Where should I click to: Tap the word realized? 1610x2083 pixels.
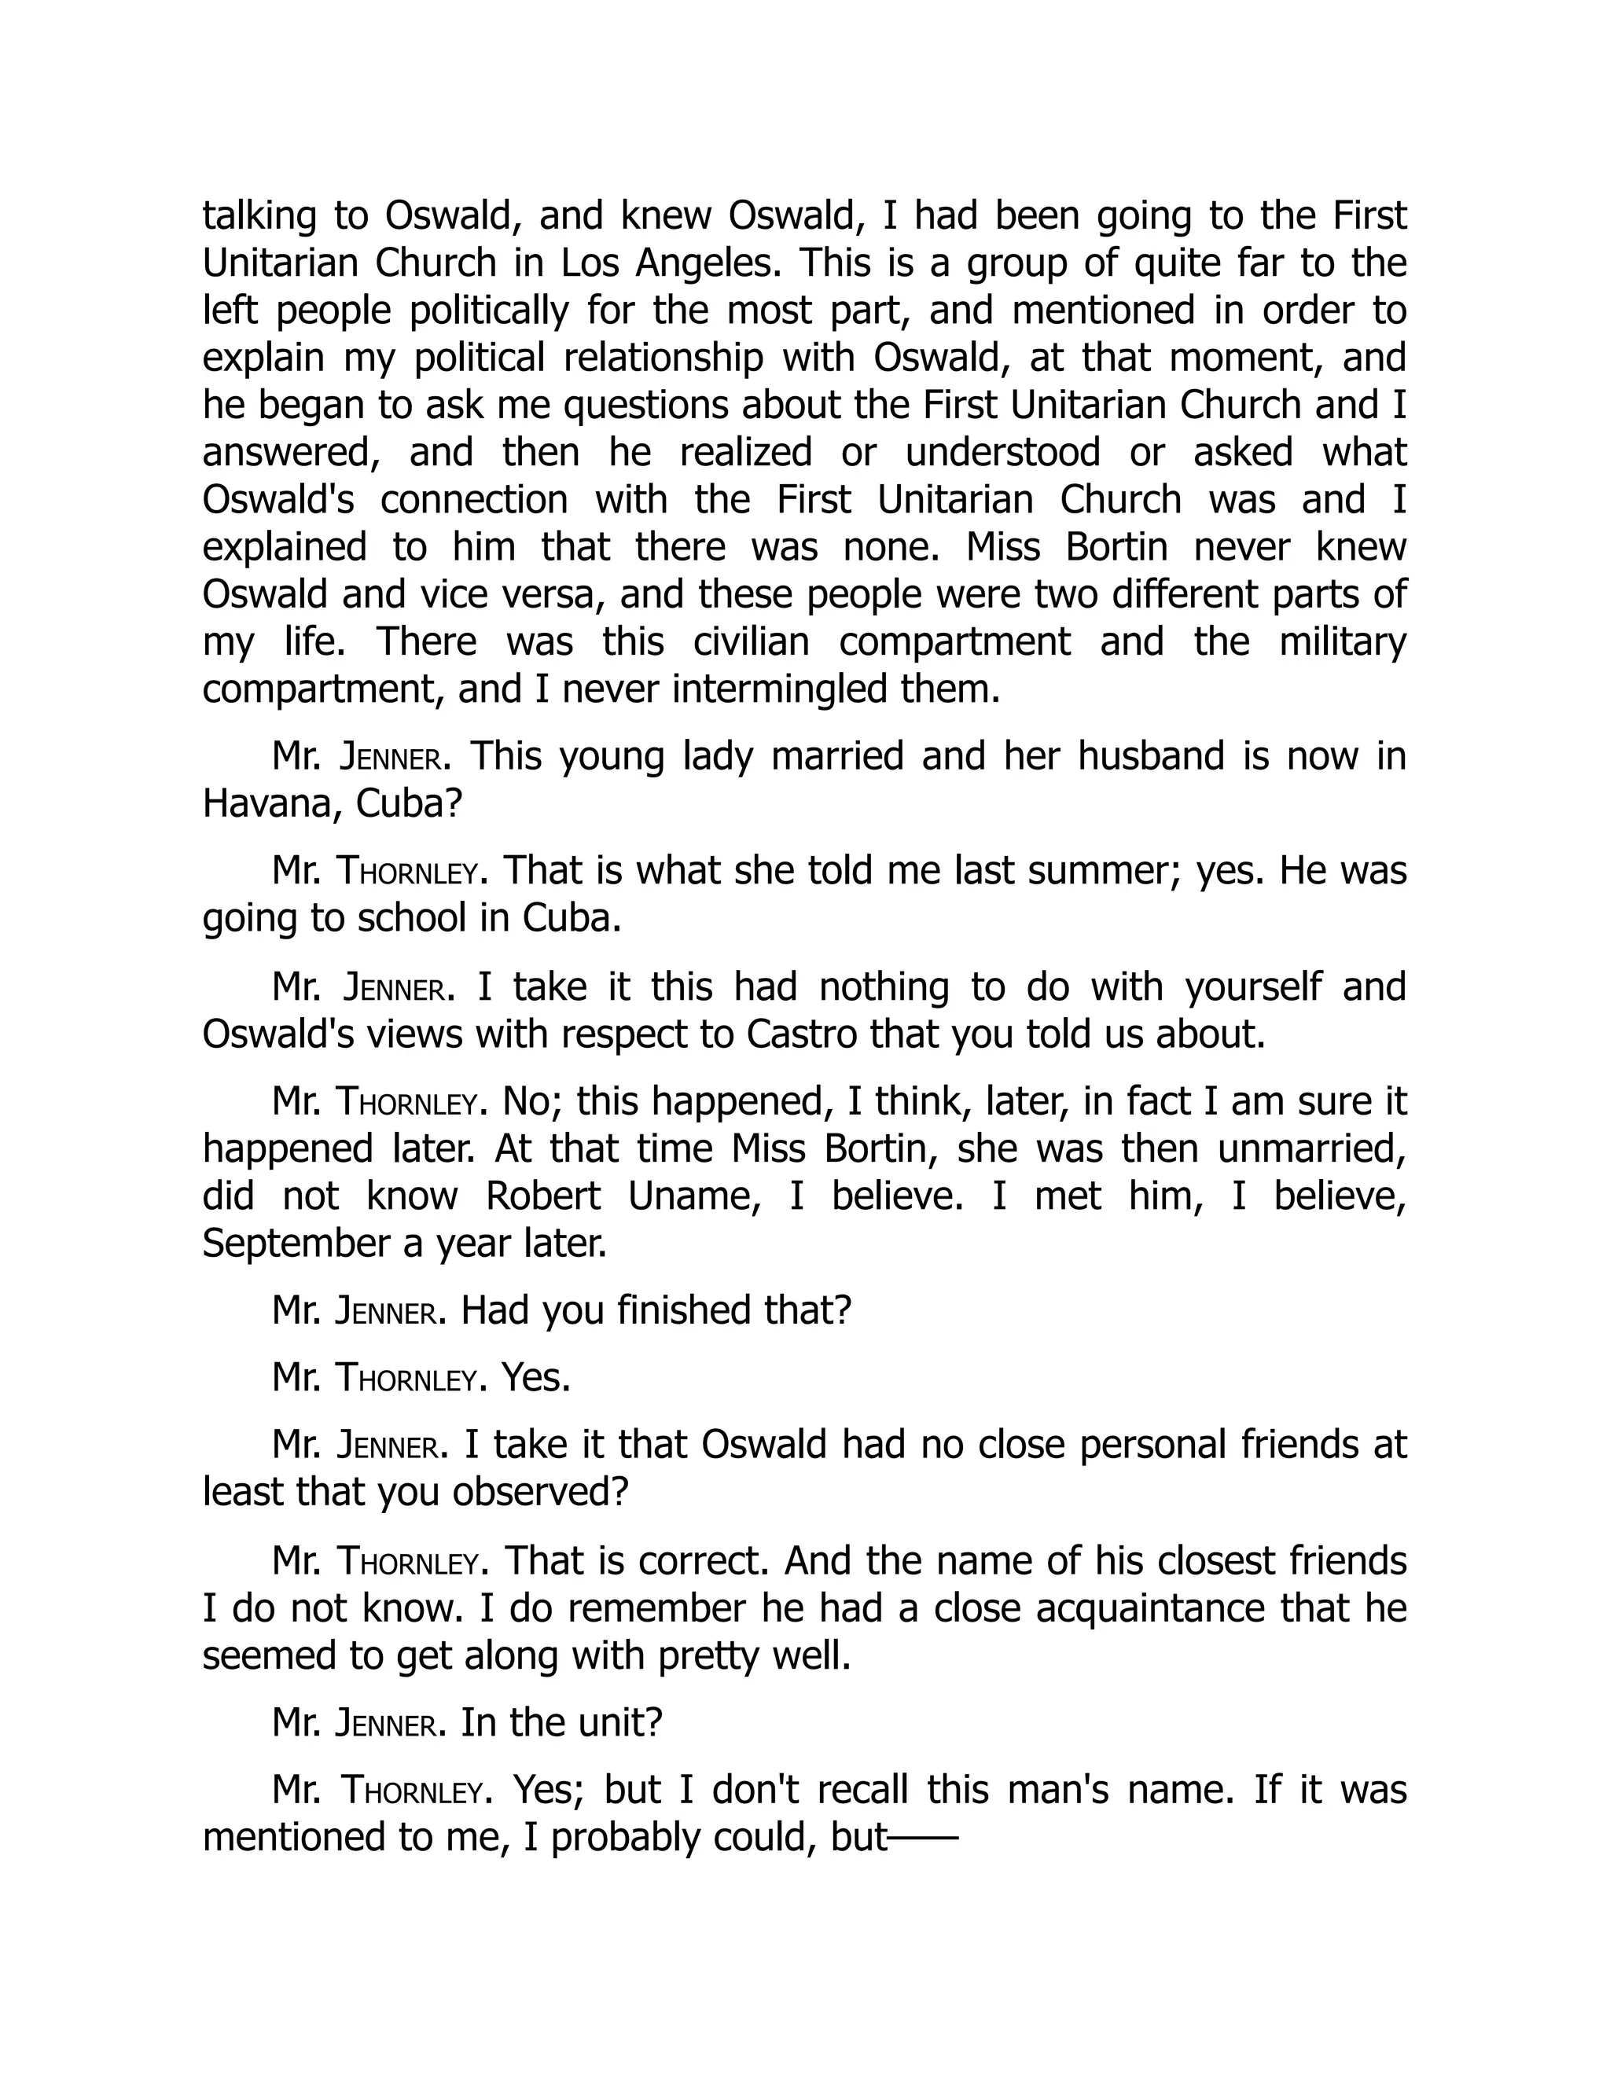[746, 452]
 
